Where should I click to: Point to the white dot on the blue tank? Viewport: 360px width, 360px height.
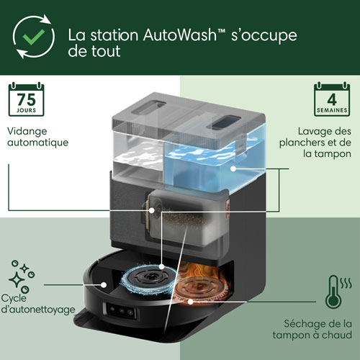pyautogui.click(x=235, y=168)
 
